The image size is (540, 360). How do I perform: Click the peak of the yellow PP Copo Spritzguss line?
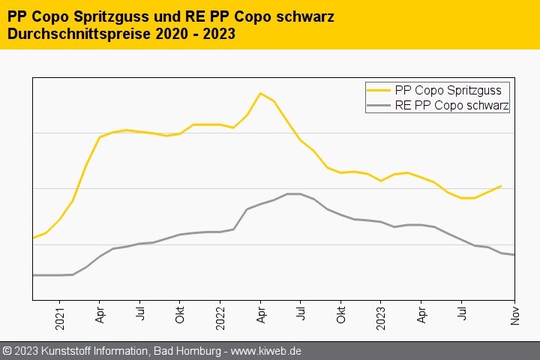[x=260, y=93]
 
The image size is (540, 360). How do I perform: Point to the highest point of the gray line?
[x=294, y=194]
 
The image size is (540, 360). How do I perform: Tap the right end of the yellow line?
[x=501, y=185]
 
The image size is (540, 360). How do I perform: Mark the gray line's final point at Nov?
[x=514, y=255]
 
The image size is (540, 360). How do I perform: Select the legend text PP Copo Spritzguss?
[x=448, y=91]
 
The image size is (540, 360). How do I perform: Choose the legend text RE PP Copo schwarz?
[x=451, y=106]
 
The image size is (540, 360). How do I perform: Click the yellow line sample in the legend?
[x=379, y=91]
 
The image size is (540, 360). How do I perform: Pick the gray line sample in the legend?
[x=379, y=106]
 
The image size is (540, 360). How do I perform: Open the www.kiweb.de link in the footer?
[x=267, y=351]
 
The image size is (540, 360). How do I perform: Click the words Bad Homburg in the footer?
[x=187, y=351]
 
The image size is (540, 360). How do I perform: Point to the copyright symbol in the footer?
[x=7, y=351]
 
